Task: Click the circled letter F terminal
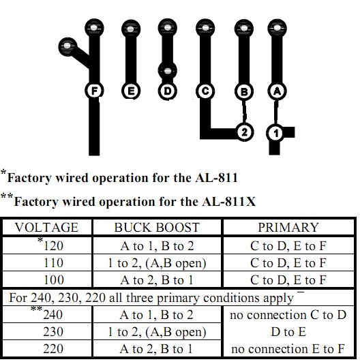[94, 91]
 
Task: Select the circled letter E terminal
[131, 91]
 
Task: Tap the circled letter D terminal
[168, 91]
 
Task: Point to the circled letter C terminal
[205, 91]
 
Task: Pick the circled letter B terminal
[244, 91]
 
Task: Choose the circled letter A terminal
[277, 91]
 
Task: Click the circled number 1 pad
[275, 133]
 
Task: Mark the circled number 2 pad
[244, 132]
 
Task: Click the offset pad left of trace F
[67, 46]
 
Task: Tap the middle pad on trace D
[168, 71]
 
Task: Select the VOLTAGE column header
[46, 227]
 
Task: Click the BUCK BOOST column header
[157, 227]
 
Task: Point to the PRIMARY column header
[288, 227]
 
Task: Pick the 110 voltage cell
[53, 263]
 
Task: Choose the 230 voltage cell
[53, 331]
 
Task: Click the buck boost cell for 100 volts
[157, 279]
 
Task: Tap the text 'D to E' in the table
[288, 331]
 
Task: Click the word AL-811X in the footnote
[229, 201]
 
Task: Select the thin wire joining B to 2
[244, 111]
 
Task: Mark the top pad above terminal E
[131, 29]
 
